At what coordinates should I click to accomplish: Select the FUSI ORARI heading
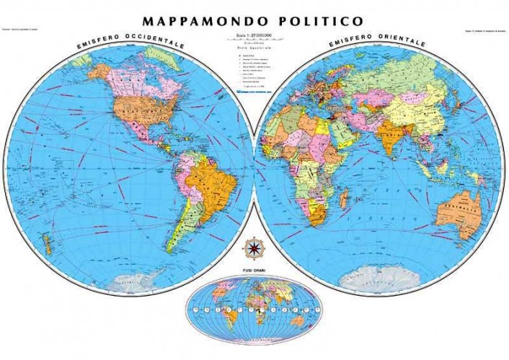(x=254, y=271)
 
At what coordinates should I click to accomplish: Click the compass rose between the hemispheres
(x=254, y=249)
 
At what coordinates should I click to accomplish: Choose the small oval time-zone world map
(x=254, y=302)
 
